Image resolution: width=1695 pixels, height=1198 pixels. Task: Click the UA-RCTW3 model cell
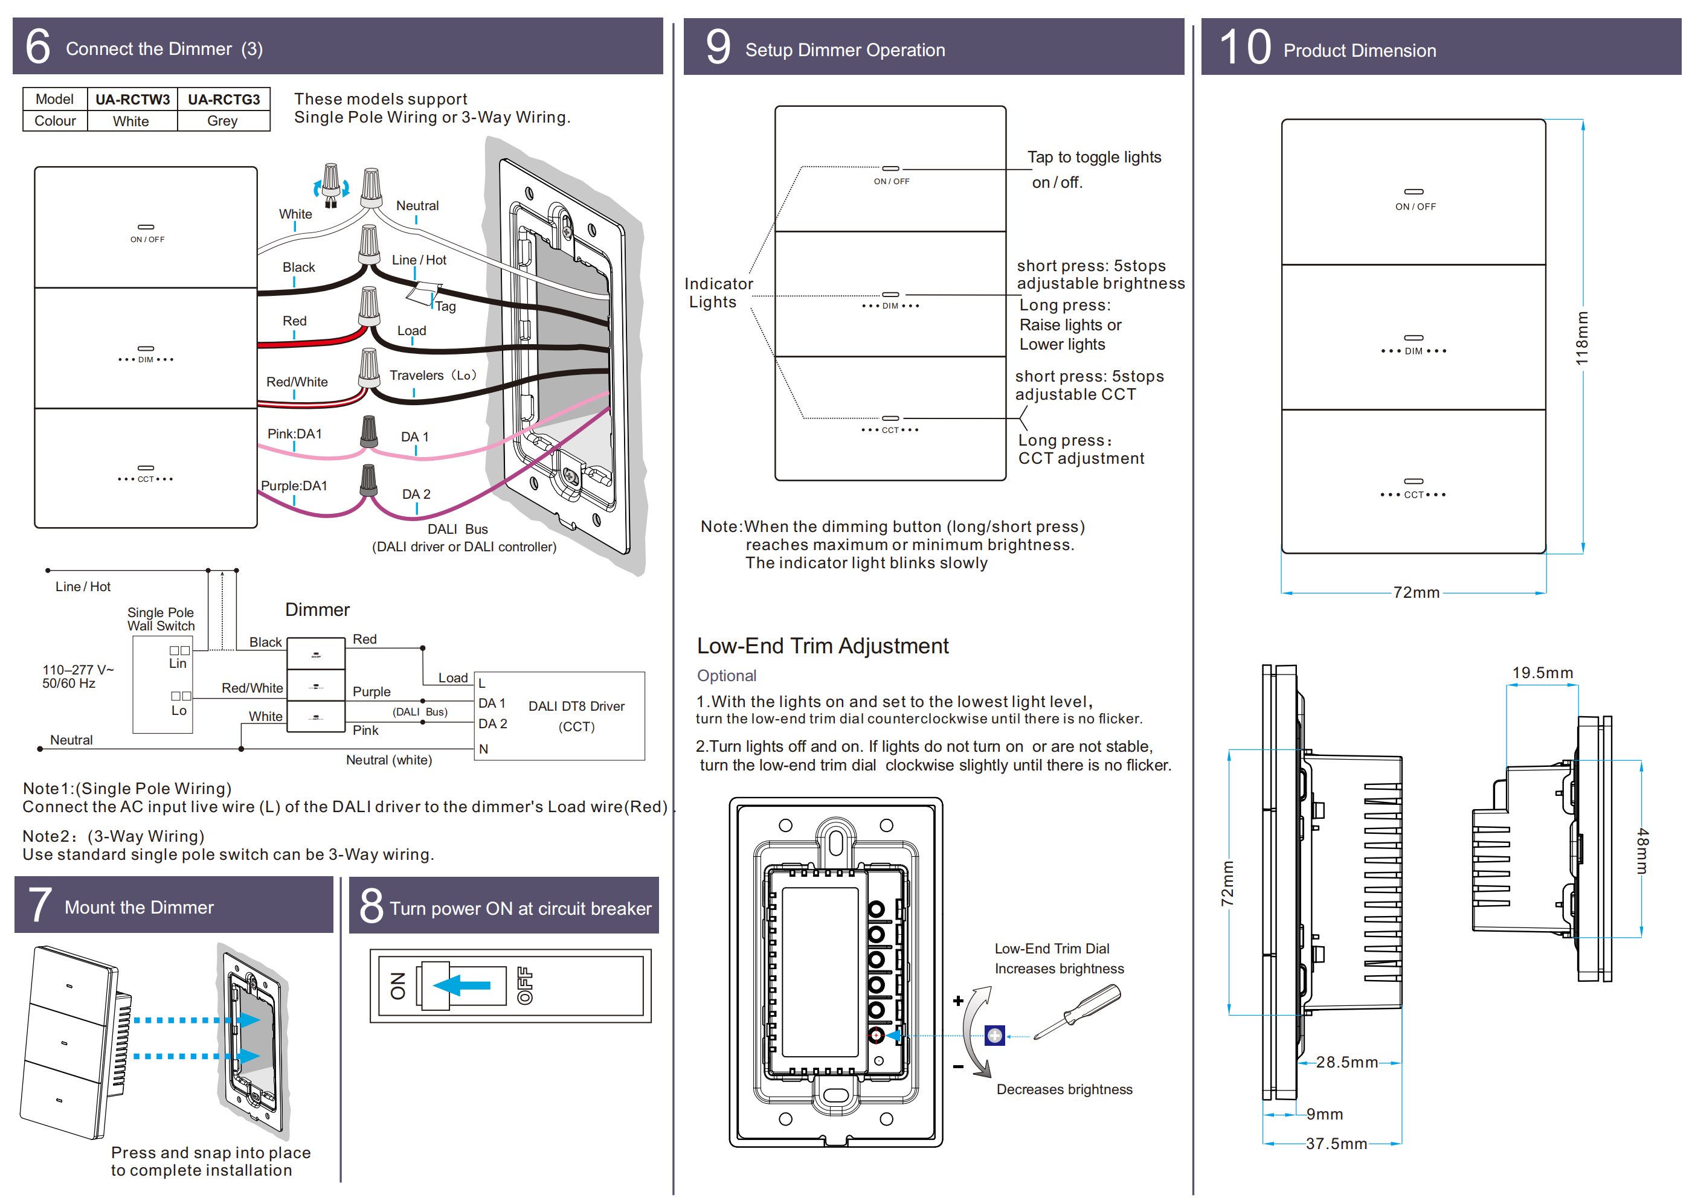[132, 99]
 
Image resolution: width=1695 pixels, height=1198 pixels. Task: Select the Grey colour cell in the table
[222, 121]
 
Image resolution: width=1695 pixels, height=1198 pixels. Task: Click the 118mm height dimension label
[1581, 338]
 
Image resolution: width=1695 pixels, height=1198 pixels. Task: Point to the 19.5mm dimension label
[1542, 673]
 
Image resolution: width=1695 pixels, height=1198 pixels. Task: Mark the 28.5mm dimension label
[1346, 1062]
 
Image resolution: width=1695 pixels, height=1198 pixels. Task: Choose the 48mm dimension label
[1642, 850]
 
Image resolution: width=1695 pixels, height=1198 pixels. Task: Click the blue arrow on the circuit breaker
[462, 985]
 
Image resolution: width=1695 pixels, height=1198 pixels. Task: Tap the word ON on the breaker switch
[398, 986]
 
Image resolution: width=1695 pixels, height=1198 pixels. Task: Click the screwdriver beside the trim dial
[1078, 1013]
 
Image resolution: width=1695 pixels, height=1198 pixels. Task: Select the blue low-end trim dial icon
[994, 1036]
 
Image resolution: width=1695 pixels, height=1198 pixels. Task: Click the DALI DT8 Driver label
[576, 706]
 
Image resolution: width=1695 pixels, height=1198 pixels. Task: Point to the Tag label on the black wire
[445, 306]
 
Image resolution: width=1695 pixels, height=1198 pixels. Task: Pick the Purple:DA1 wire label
[294, 485]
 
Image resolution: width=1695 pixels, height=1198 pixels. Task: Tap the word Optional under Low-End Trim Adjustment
[727, 676]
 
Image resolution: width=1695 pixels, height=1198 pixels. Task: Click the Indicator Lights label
[718, 293]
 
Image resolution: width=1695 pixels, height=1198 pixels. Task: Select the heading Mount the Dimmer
[139, 907]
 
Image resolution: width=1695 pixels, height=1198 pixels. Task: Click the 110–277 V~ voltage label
[77, 670]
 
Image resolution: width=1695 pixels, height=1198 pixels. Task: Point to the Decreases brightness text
[1064, 1089]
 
